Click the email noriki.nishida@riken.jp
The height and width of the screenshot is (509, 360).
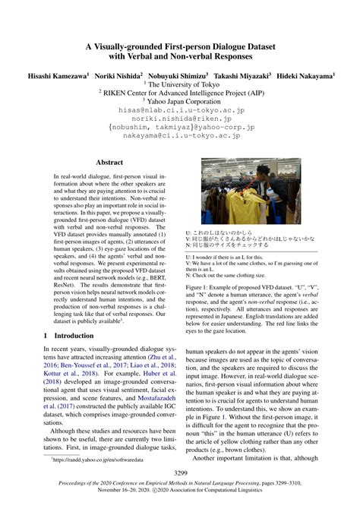coord(180,119)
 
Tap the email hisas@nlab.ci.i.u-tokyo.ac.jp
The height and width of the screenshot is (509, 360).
coord(180,109)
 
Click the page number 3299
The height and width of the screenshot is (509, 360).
coord(180,471)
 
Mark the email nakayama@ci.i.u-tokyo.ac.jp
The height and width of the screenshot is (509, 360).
coord(180,139)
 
